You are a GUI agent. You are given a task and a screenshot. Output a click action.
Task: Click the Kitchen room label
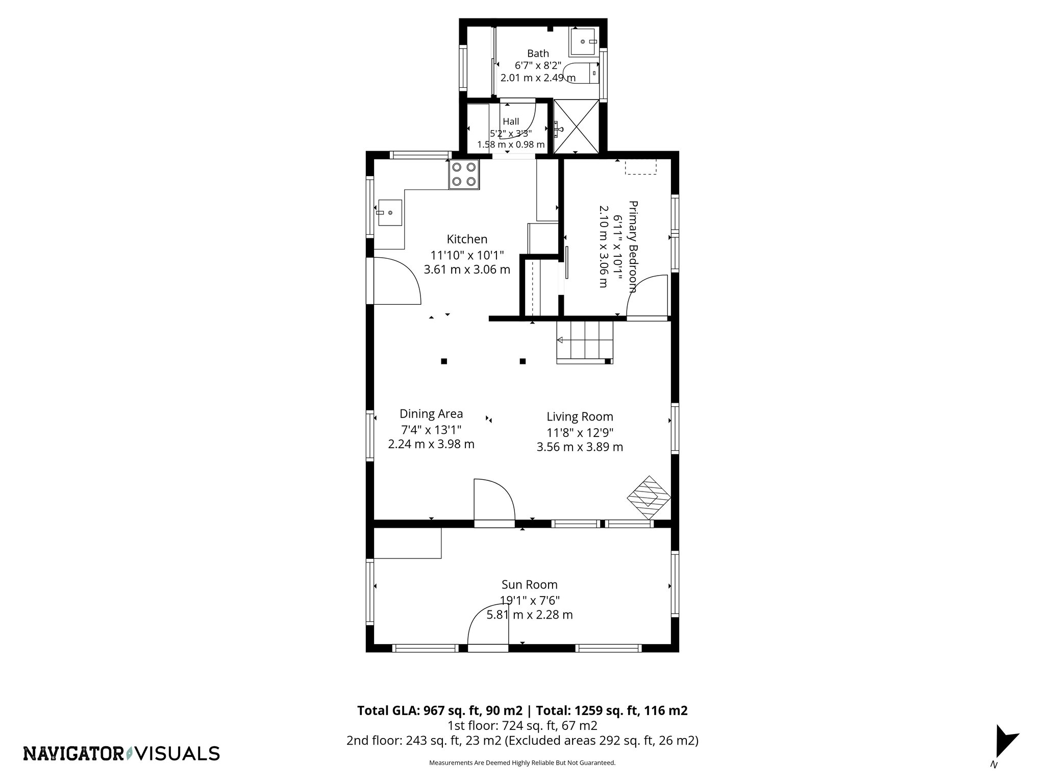[467, 239]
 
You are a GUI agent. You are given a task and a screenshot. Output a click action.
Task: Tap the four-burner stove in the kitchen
[464, 174]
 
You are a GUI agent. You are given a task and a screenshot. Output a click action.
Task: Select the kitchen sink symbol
[389, 212]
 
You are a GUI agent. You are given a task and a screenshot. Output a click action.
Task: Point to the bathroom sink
[583, 41]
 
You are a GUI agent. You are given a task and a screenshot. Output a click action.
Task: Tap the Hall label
[511, 121]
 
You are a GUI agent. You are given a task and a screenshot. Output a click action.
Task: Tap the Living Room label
[580, 416]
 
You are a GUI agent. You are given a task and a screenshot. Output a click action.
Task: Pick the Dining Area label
[431, 414]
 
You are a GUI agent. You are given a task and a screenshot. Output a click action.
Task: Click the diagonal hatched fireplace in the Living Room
[649, 498]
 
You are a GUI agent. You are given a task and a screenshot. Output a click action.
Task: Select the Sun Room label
[529, 584]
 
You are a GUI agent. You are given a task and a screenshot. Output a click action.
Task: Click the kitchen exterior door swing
[395, 281]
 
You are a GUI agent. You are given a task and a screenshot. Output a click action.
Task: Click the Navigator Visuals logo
[121, 753]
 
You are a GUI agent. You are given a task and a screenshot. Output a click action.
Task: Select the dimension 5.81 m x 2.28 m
[529, 615]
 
